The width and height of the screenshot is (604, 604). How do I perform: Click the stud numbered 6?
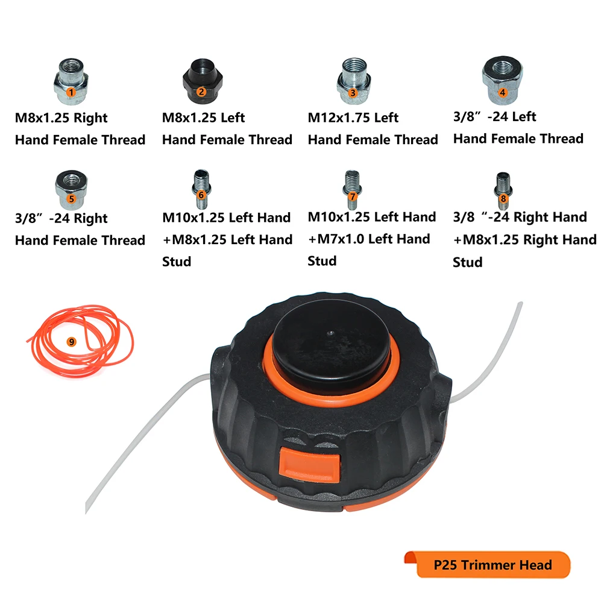(201, 186)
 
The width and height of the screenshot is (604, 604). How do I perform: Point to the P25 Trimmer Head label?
(492, 565)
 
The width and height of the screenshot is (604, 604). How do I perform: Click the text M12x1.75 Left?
(353, 117)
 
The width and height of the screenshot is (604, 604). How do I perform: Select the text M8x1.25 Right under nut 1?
(61, 118)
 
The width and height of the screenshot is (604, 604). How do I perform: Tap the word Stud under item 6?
(177, 262)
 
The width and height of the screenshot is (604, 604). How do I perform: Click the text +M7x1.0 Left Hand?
(369, 239)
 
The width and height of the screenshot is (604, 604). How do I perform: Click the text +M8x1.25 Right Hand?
(524, 239)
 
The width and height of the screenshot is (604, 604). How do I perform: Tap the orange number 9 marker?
(72, 341)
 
